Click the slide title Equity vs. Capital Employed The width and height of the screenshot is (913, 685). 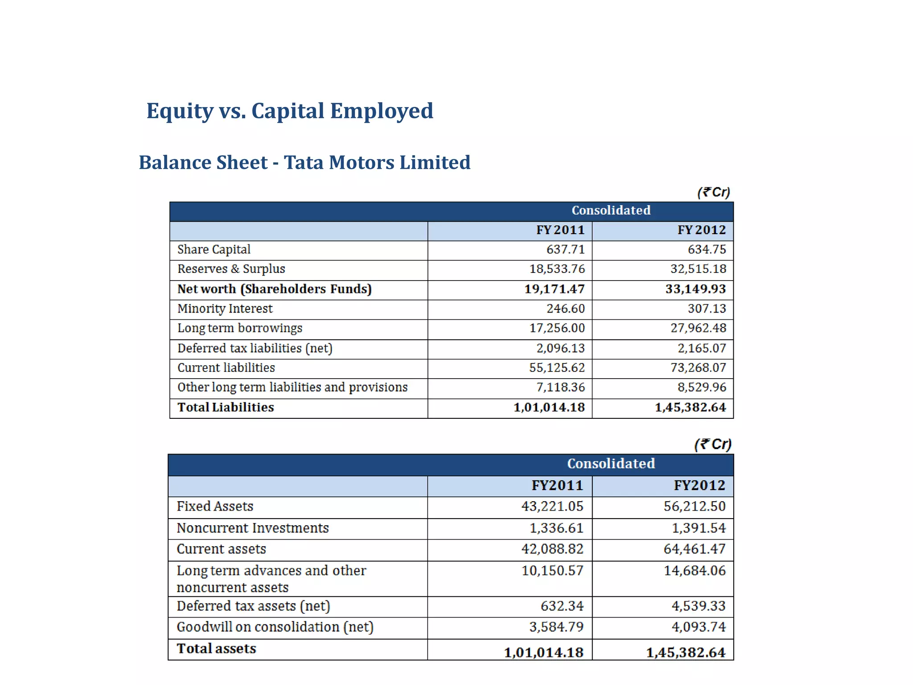290,111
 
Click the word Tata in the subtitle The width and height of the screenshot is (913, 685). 304,162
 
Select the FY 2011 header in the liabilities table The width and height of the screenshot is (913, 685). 560,230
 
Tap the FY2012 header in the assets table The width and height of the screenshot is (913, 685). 699,485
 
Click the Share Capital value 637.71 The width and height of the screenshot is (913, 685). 565,249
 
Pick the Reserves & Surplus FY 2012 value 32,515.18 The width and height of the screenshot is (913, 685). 698,269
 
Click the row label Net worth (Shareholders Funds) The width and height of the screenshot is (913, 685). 274,289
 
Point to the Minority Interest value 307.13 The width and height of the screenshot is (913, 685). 707,309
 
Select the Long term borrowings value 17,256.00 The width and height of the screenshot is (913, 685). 557,328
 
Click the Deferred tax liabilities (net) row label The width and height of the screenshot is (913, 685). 255,348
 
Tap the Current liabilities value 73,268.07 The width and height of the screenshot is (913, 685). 698,367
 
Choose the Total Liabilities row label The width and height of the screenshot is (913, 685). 226,407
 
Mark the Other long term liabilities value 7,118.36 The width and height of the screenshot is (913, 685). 560,387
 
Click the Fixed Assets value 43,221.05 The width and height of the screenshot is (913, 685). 552,506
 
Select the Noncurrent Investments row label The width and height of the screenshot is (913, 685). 252,528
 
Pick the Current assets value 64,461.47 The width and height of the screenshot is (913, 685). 694,549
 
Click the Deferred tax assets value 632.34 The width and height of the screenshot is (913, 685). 562,606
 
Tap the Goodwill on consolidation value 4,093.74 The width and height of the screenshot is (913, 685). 698,627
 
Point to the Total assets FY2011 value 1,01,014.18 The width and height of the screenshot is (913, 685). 543,652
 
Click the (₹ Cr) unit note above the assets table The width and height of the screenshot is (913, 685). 713,444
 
